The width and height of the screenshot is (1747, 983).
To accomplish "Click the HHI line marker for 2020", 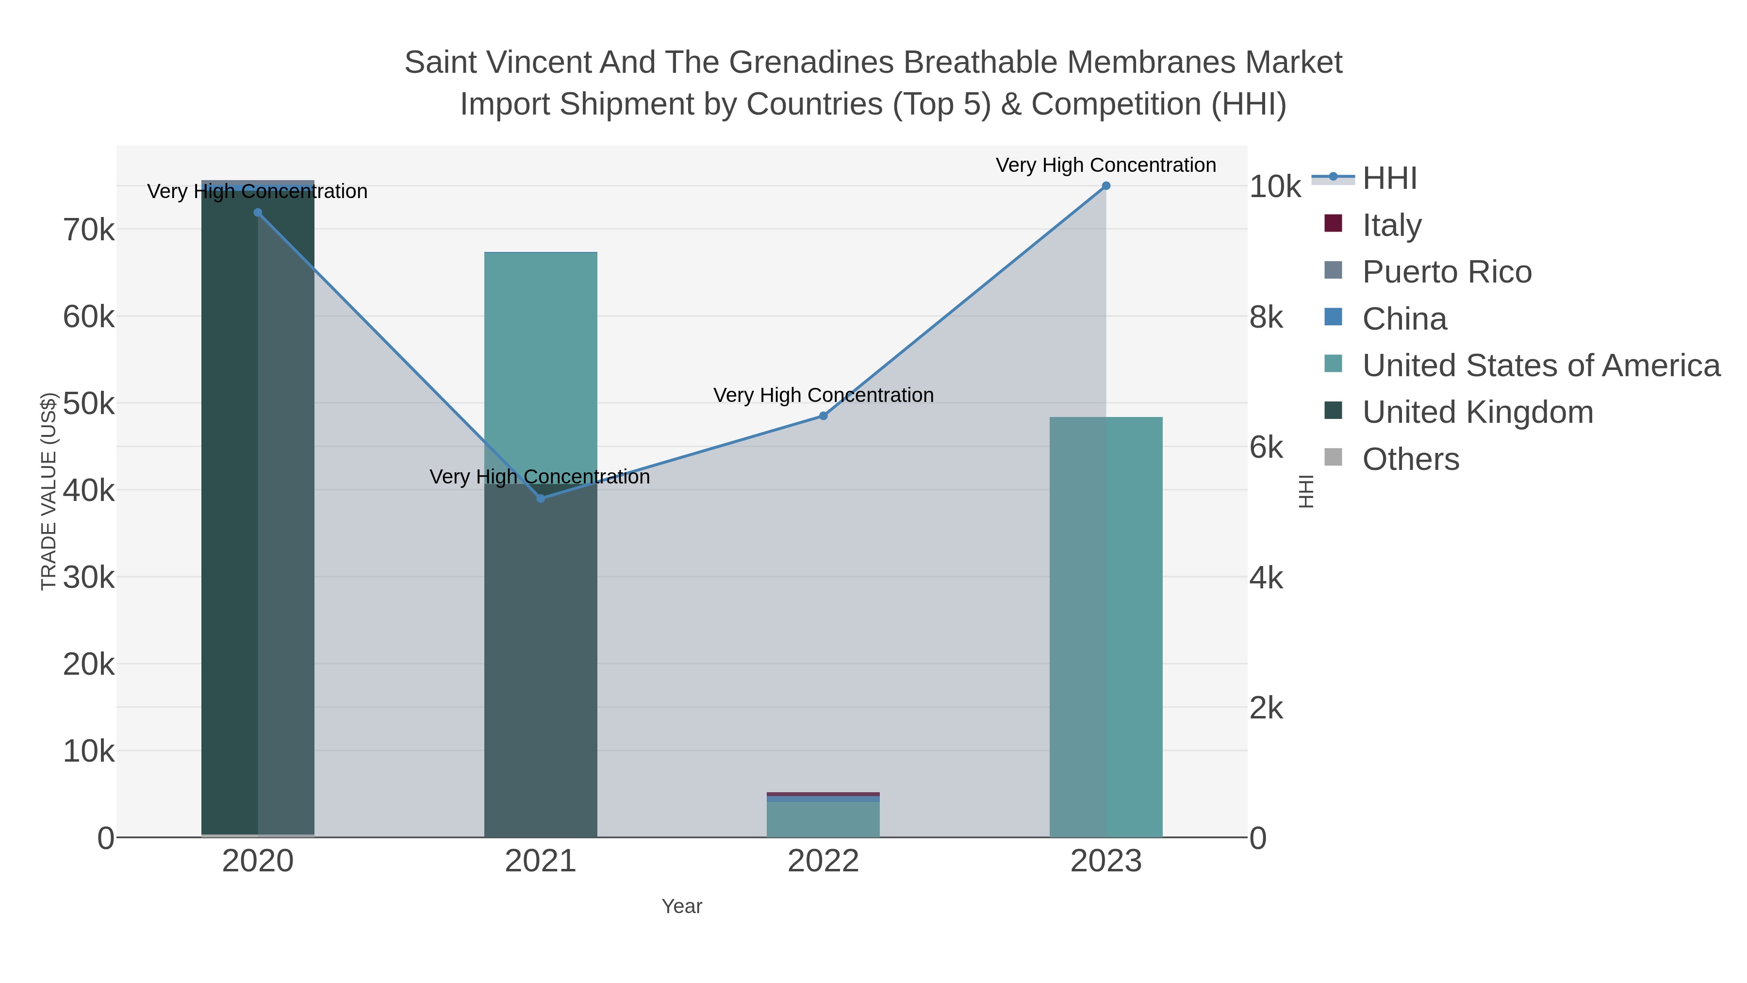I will click(x=258, y=212).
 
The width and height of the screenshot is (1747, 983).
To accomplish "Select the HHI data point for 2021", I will click(x=541, y=499).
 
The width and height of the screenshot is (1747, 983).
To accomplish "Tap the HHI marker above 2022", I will click(x=824, y=416).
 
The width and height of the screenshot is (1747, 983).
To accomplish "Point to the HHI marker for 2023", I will click(x=1106, y=186).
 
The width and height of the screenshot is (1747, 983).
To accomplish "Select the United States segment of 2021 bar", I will click(x=541, y=367).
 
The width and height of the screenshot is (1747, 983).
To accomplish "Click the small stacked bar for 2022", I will click(x=824, y=817).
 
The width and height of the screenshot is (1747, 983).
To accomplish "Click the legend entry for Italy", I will click(x=1392, y=225).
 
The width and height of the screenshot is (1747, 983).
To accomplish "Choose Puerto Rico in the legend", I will click(x=1447, y=272).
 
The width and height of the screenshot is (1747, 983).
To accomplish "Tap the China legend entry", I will click(x=1404, y=319).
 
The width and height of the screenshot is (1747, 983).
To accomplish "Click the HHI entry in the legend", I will click(x=1389, y=179).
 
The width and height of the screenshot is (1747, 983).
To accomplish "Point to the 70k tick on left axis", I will click(x=89, y=230).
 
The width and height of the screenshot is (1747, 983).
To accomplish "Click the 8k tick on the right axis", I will click(x=1266, y=317).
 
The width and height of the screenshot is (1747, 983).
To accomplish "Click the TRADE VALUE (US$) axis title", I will click(x=49, y=491).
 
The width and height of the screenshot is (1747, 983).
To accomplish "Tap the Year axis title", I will click(x=682, y=906).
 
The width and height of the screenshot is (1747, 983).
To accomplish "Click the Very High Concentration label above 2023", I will click(x=1105, y=165).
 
